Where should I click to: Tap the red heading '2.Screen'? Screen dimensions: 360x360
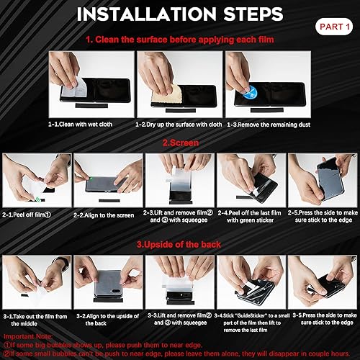(x=179, y=143)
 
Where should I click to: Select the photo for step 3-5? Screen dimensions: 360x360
(x=322, y=282)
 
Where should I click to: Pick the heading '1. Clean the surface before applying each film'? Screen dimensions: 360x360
(x=179, y=40)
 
